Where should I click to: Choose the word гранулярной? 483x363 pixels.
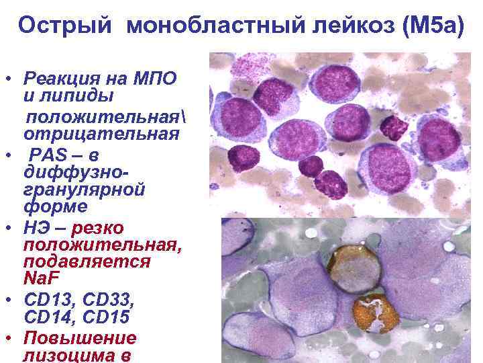(x=85, y=190)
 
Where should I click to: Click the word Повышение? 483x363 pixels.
(x=80, y=338)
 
